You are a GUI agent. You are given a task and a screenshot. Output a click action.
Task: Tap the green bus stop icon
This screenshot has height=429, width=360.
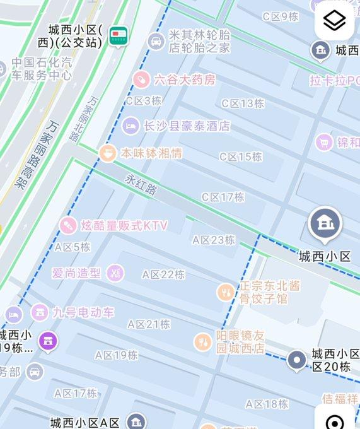[117, 36]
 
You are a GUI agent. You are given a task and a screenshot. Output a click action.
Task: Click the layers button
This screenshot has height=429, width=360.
[334, 21]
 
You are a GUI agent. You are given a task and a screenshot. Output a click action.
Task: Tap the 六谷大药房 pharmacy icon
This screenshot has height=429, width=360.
[142, 79]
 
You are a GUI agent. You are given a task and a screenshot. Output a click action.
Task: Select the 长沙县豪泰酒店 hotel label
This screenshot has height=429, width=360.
[186, 126]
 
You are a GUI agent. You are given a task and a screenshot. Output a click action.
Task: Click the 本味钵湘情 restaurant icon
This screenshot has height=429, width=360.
[108, 153]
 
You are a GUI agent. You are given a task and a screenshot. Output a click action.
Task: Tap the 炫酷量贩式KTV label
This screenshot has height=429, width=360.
[124, 225]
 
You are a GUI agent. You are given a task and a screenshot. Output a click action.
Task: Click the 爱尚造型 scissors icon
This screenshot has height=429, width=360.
[115, 273]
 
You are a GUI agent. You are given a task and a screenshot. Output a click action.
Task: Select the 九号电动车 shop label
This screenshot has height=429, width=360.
[83, 312]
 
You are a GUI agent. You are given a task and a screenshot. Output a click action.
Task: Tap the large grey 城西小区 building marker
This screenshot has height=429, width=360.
[325, 223]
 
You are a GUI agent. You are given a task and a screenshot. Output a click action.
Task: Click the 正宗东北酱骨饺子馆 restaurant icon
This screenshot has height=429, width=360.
[225, 291]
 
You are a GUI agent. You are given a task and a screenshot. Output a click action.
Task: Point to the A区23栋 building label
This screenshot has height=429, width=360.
[214, 240]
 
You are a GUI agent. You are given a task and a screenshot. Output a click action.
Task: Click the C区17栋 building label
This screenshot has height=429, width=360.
[223, 197]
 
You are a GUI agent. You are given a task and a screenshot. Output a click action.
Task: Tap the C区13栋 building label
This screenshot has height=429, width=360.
[242, 103]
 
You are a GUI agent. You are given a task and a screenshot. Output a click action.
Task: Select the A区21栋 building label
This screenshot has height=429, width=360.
[149, 324]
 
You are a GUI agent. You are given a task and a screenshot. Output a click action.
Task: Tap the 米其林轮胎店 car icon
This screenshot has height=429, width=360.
[155, 42]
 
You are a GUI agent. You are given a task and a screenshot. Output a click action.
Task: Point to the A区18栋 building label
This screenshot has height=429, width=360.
[267, 404]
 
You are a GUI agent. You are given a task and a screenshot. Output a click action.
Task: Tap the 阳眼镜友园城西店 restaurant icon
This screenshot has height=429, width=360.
[202, 342]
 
